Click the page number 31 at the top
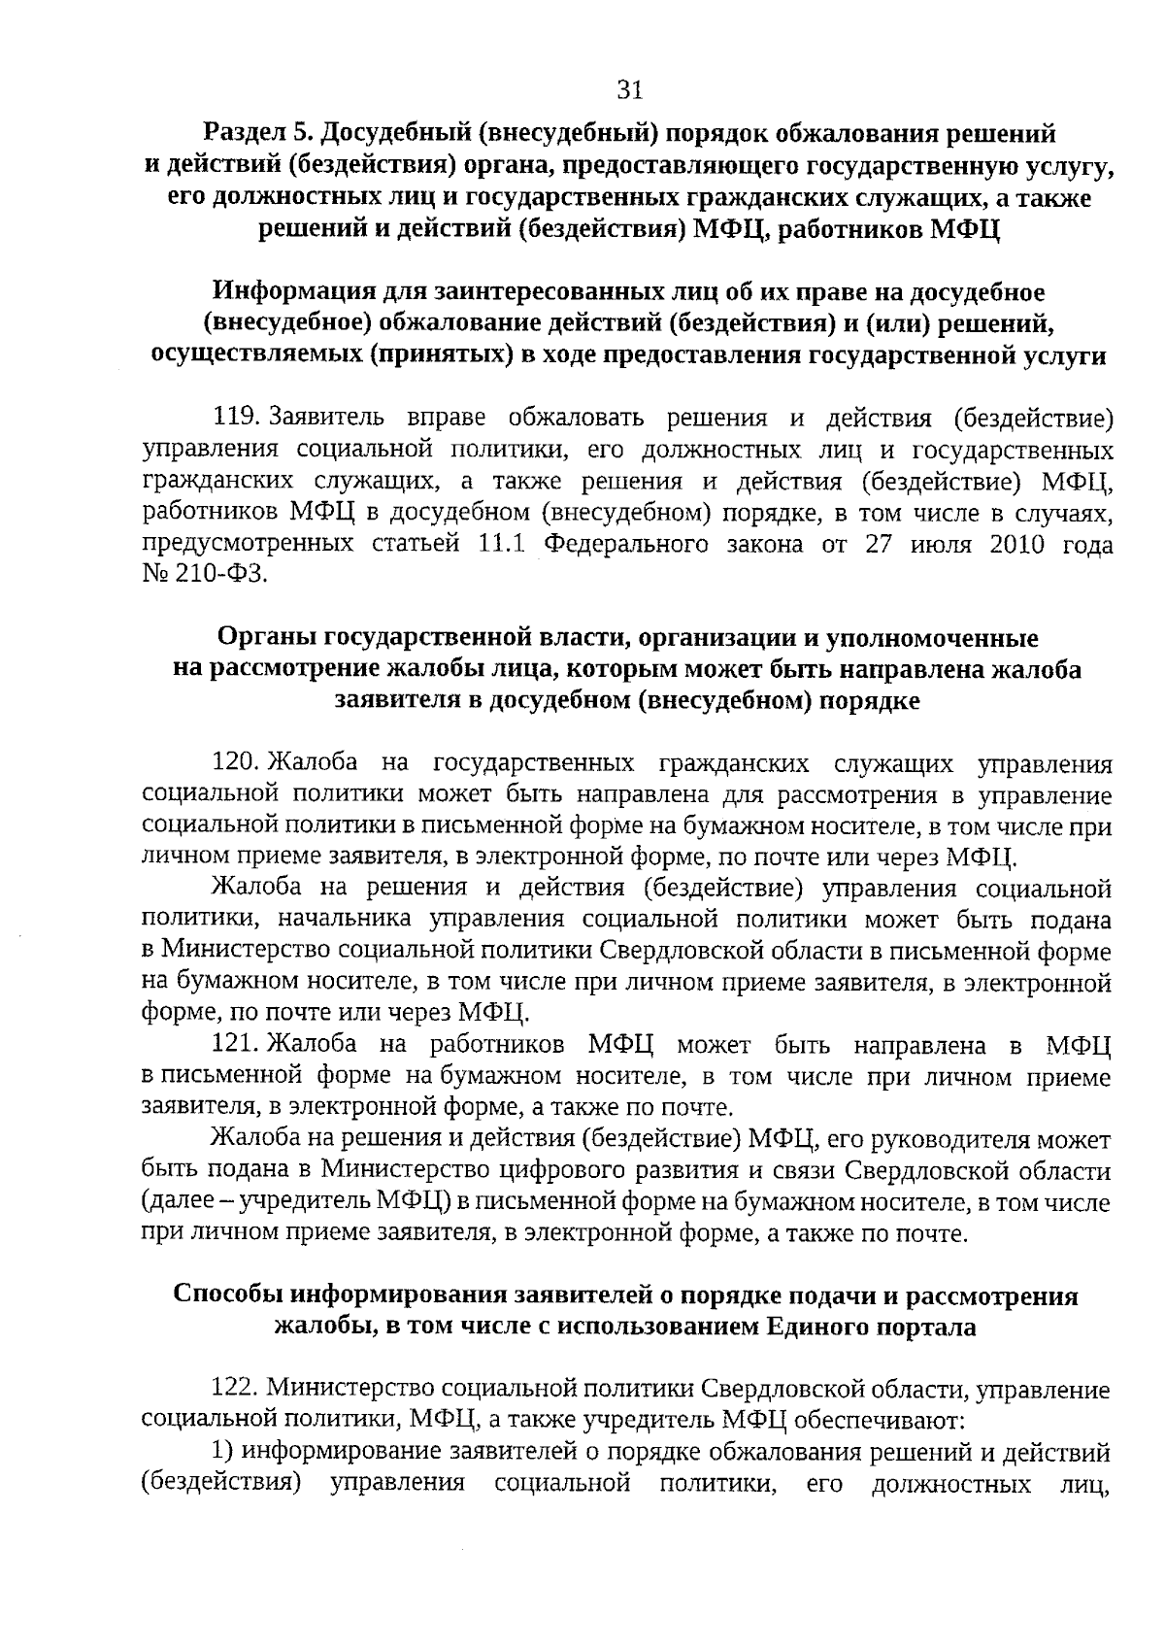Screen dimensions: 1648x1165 tap(630, 90)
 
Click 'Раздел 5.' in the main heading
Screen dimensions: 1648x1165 tap(257, 132)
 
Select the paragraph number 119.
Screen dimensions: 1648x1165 tap(233, 419)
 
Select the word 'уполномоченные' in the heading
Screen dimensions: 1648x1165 tap(932, 638)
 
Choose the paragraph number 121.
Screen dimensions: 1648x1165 tap(233, 1045)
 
